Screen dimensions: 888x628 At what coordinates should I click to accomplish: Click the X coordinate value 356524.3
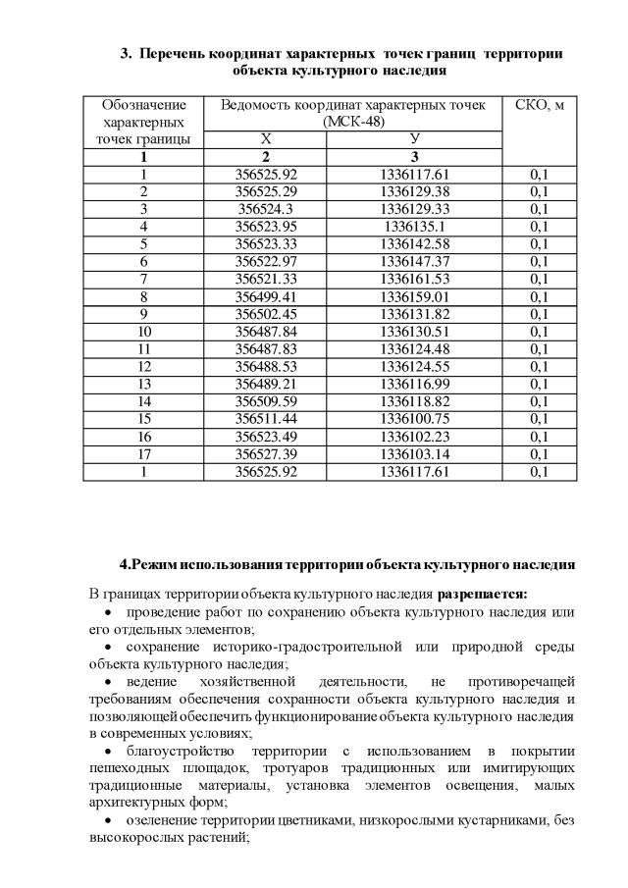pos(265,209)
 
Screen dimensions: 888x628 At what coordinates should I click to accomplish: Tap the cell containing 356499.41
pos(265,296)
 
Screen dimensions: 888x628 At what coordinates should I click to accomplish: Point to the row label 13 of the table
pos(143,384)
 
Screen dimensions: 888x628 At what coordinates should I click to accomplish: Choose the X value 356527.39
pos(265,454)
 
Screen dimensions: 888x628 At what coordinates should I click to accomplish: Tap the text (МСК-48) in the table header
pos(353,122)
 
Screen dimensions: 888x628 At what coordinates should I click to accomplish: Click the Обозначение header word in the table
pos(143,105)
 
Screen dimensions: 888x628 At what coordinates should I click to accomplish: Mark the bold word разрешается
pos(483,594)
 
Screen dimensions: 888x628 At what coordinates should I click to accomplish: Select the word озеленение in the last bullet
pos(162,820)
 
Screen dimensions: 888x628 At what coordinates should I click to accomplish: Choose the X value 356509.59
pos(265,401)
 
